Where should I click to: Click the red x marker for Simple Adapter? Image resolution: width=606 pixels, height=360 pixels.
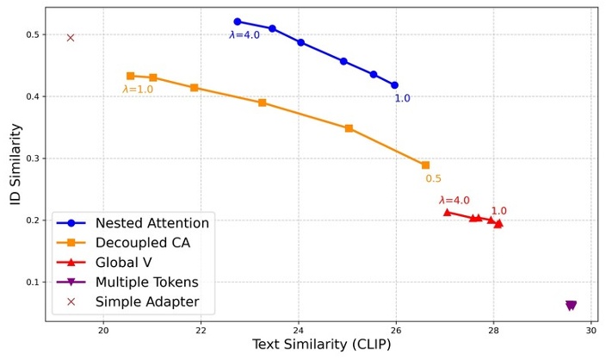click(x=71, y=38)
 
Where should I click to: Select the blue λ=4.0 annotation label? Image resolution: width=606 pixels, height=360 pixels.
click(x=244, y=35)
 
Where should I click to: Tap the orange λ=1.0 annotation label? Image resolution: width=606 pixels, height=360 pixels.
click(x=138, y=90)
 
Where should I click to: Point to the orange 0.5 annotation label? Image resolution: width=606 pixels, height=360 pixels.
click(x=433, y=179)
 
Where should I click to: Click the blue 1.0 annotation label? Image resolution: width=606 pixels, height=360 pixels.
click(x=402, y=99)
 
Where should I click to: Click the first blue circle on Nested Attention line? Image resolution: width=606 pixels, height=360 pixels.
click(x=238, y=22)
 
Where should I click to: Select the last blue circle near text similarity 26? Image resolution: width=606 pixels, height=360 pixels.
click(x=394, y=85)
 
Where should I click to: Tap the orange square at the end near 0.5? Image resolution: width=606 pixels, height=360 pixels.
click(x=425, y=165)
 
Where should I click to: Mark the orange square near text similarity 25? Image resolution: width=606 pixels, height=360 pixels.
click(x=349, y=128)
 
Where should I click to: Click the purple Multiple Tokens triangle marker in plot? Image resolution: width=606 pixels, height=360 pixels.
click(x=571, y=306)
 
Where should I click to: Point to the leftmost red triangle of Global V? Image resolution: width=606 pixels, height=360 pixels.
click(x=447, y=212)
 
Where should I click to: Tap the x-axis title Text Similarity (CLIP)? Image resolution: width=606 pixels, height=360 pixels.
click(x=321, y=345)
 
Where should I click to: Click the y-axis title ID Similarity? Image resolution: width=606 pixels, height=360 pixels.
click(x=15, y=164)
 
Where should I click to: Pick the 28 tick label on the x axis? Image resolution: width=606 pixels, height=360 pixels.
click(x=493, y=329)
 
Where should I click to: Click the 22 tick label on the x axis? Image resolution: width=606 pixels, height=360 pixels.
click(x=201, y=329)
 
